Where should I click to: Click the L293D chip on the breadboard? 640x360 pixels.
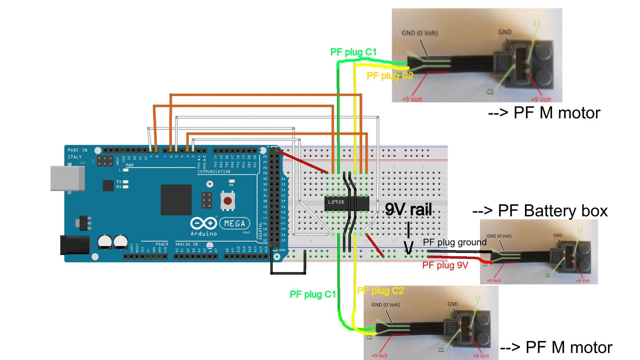346,203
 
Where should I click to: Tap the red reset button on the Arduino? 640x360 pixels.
228,201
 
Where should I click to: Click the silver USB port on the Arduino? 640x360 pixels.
67,178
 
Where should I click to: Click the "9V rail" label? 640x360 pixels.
408,210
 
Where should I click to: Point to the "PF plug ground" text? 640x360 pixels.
454,242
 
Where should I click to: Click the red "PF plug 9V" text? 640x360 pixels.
445,265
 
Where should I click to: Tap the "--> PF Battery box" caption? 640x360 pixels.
540,211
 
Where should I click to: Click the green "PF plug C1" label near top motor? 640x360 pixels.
353,52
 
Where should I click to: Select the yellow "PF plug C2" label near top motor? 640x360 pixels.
390,76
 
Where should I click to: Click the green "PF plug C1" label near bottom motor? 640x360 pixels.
312,294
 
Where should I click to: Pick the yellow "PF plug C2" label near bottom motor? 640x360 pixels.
380,291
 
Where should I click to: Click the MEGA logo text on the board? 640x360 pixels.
235,224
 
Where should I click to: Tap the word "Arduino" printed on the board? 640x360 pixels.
204,234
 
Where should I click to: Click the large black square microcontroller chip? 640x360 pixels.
176,199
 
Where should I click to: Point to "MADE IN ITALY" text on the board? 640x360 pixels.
77,153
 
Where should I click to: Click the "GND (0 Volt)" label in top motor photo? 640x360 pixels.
419,33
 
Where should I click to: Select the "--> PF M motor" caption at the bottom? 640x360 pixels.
556,347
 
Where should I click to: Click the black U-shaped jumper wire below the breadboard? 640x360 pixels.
288,272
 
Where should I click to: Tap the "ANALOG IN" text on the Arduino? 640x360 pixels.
186,244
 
